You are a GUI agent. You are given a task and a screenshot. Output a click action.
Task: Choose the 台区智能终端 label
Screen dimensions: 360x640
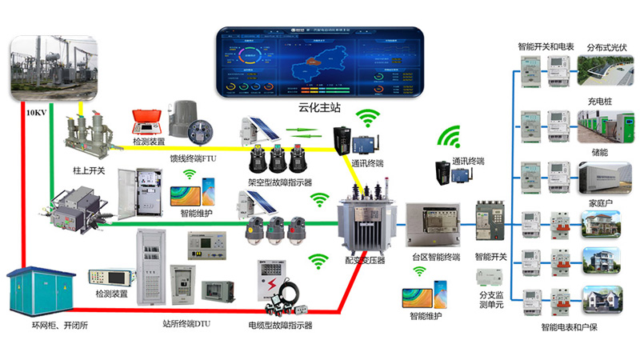[x=436, y=258]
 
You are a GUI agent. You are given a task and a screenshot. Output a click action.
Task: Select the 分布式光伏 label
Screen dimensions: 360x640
[x=608, y=47]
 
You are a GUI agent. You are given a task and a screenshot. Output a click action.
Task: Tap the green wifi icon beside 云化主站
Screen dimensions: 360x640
[x=367, y=118]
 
